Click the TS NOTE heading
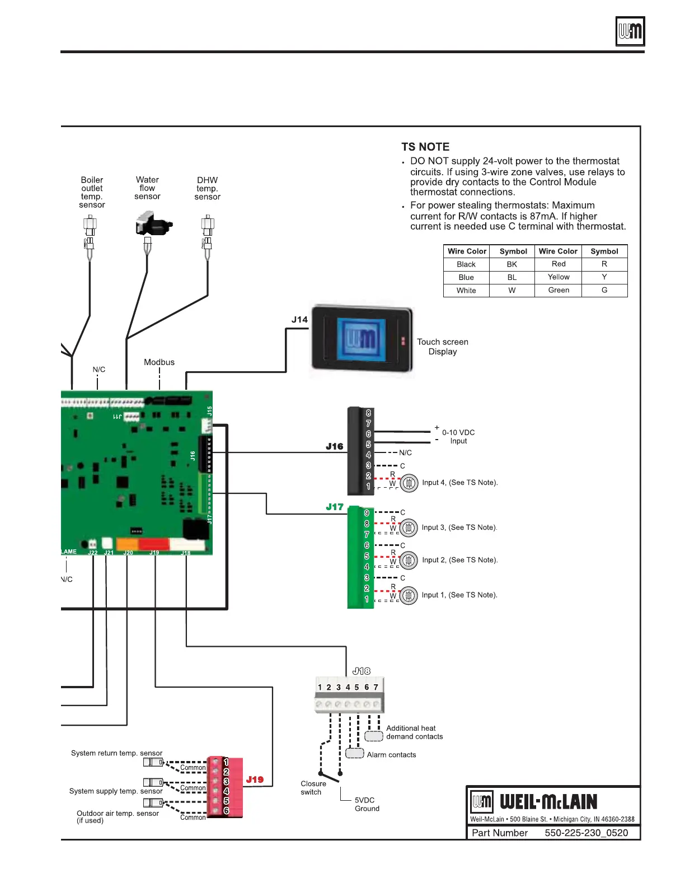point(425,147)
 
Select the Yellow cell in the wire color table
point(559,277)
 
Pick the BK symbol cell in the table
point(512,264)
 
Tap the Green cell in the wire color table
point(559,290)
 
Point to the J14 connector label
point(299,320)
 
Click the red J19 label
point(255,779)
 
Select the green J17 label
point(335,507)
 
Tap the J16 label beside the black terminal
point(335,446)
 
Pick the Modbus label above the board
point(159,362)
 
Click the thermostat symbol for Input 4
point(409,483)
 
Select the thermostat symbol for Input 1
point(409,595)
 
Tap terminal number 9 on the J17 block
point(367,513)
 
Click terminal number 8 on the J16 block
point(368,413)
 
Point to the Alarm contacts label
point(391,755)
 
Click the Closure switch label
point(313,788)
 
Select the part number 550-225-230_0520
point(586,833)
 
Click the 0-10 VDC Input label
point(458,437)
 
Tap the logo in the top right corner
point(630,31)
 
